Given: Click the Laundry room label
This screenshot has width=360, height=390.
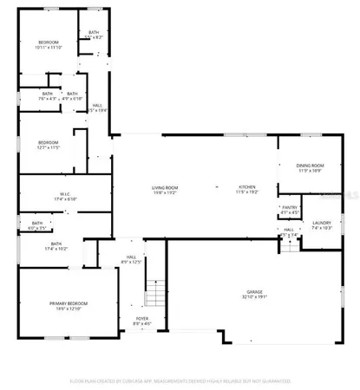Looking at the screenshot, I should pyautogui.click(x=322, y=222).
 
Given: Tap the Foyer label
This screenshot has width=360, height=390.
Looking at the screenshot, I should pyautogui.click(x=141, y=318).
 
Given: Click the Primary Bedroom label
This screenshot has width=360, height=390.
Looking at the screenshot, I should pyautogui.click(x=68, y=302).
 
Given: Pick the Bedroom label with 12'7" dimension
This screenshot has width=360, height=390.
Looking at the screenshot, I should pyautogui.click(x=48, y=142).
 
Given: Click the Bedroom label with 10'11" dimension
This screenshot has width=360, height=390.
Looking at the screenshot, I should pyautogui.click(x=48, y=42).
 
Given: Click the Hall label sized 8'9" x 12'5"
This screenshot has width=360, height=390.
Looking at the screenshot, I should pyautogui.click(x=132, y=257).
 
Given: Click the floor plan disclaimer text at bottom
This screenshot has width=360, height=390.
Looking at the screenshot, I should pyautogui.click(x=180, y=380).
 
